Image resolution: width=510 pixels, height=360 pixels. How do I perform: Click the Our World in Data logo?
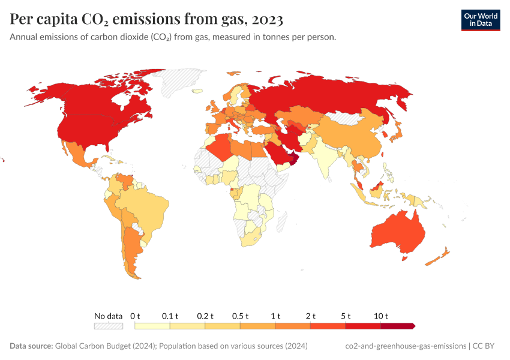480,20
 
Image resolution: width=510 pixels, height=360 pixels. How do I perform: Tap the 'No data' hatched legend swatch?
108,326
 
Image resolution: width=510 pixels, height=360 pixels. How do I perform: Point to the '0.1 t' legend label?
170,316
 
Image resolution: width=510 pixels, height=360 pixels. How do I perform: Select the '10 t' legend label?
382,316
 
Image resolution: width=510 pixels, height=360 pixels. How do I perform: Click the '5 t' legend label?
346,316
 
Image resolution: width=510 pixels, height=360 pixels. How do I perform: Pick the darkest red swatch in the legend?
397,326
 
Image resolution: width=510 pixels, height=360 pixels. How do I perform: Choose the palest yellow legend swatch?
152,326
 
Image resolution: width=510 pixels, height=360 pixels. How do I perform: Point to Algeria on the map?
221,146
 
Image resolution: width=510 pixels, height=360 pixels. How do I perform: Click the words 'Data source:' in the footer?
31,346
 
